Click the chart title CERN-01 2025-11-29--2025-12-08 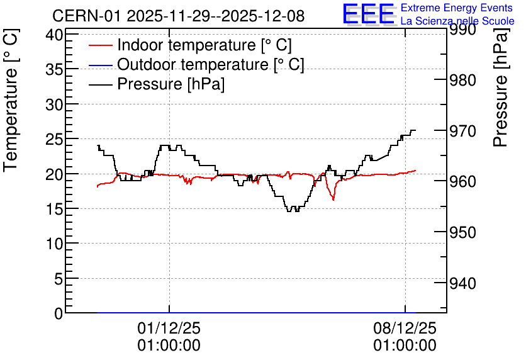(x=179, y=16)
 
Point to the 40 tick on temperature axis (x=54, y=35)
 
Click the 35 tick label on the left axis (x=54, y=69)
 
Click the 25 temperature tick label (x=54, y=139)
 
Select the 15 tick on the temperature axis (x=54, y=209)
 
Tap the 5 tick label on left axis (x=59, y=278)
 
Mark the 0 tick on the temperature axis (x=59, y=313)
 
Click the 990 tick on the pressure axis (x=462, y=29)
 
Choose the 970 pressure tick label (x=462, y=131)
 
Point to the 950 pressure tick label (x=462, y=232)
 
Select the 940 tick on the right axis (x=462, y=283)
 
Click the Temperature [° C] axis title (x=11, y=100)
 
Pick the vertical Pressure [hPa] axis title (x=501, y=87)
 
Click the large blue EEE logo (x=368, y=14)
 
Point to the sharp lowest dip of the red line (x=333, y=200)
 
